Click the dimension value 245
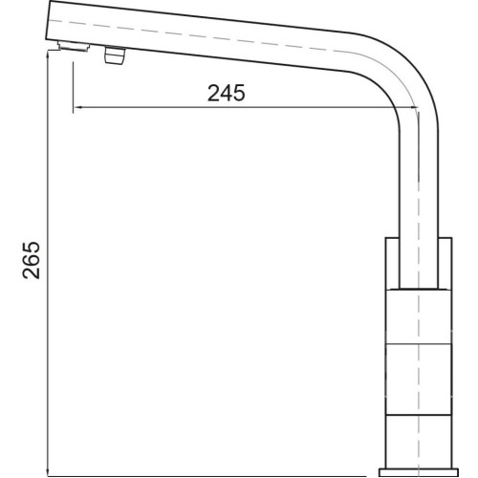pos(227,93)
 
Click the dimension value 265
pos(32,260)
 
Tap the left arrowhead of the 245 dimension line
pos(77,108)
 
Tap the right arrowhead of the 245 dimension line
pos(414,108)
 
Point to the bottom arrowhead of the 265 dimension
pos(47,472)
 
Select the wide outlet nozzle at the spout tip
pos(74,46)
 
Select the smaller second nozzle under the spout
pos(115,55)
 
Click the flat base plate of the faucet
pos(419,472)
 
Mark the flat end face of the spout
pos(49,20)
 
